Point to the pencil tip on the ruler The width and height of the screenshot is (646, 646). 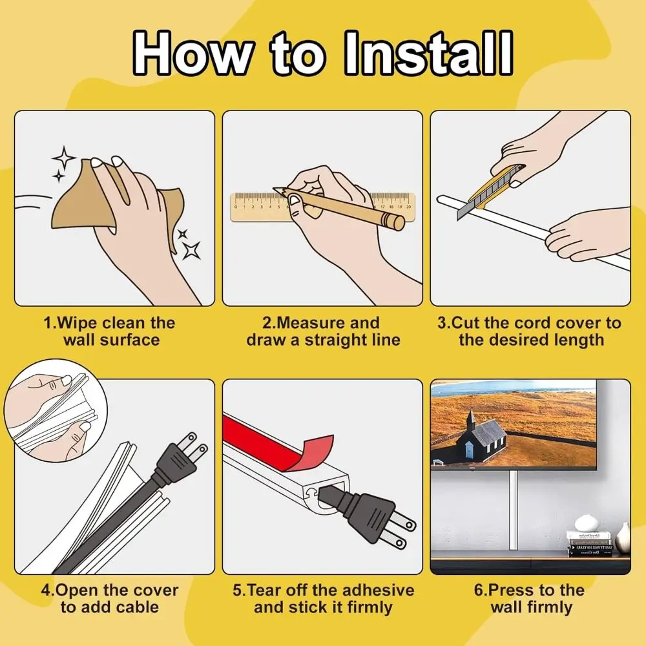[x=276, y=191]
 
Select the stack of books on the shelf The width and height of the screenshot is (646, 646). [x=589, y=544]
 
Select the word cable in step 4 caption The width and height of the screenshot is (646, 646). [x=137, y=607]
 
